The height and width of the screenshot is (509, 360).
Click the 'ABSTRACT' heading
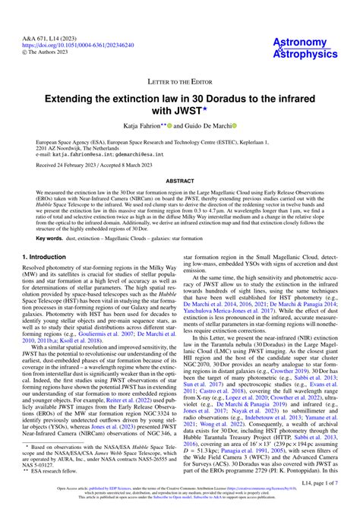180,181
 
